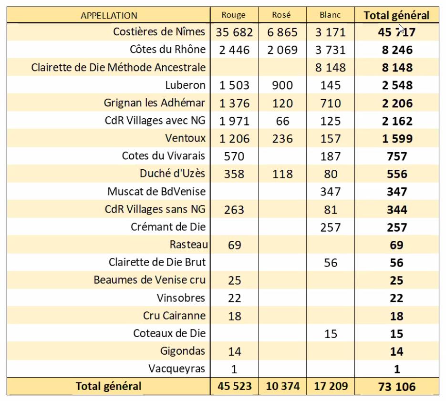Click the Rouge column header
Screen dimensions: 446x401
click(234, 15)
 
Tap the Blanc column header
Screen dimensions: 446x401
click(330, 15)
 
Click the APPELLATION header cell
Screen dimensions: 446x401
click(109, 15)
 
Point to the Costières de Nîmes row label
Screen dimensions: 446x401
click(159, 31)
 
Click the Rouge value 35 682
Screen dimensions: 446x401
click(234, 32)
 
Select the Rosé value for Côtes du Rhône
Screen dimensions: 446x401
click(282, 50)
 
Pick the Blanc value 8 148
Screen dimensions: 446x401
click(331, 68)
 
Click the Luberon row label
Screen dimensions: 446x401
click(185, 85)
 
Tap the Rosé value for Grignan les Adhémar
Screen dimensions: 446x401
click(282, 103)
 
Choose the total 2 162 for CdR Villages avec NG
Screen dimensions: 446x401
click(397, 121)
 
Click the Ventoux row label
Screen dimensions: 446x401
click(185, 138)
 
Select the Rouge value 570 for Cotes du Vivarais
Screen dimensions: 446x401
click(234, 156)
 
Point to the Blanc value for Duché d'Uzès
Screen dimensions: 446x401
click(331, 174)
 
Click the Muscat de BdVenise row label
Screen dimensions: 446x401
click(156, 191)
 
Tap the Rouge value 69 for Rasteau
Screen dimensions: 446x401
click(234, 245)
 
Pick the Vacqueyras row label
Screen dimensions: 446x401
click(176, 369)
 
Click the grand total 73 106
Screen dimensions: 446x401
click(397, 387)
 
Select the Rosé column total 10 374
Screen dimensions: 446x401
click(283, 386)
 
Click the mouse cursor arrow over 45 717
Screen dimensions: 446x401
click(402, 30)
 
